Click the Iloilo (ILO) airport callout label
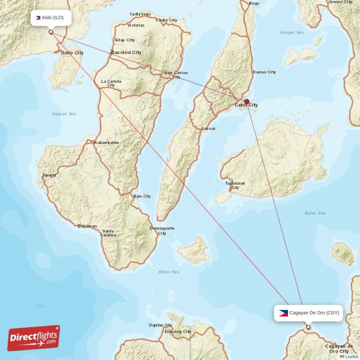pyautogui.click(x=51, y=18)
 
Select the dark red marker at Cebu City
pyautogui.click(x=247, y=102)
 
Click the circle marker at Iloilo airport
pyautogui.click(x=51, y=32)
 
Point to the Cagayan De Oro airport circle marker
pyautogui.click(x=308, y=327)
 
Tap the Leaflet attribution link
pyautogui.click(x=351, y=356)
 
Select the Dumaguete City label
pyautogui.click(x=162, y=231)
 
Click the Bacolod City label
pyautogui.click(x=126, y=52)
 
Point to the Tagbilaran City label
pyautogui.click(x=235, y=185)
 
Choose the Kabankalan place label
pyautogui.click(x=106, y=143)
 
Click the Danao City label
pyautogui.click(x=264, y=72)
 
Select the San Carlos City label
pyautogui.click(x=176, y=75)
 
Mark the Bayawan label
pyautogui.click(x=87, y=226)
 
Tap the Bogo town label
pyautogui.click(x=254, y=4)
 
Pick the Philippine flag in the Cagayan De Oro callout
pyautogui.click(x=283, y=313)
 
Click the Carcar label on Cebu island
pyautogui.click(x=208, y=129)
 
